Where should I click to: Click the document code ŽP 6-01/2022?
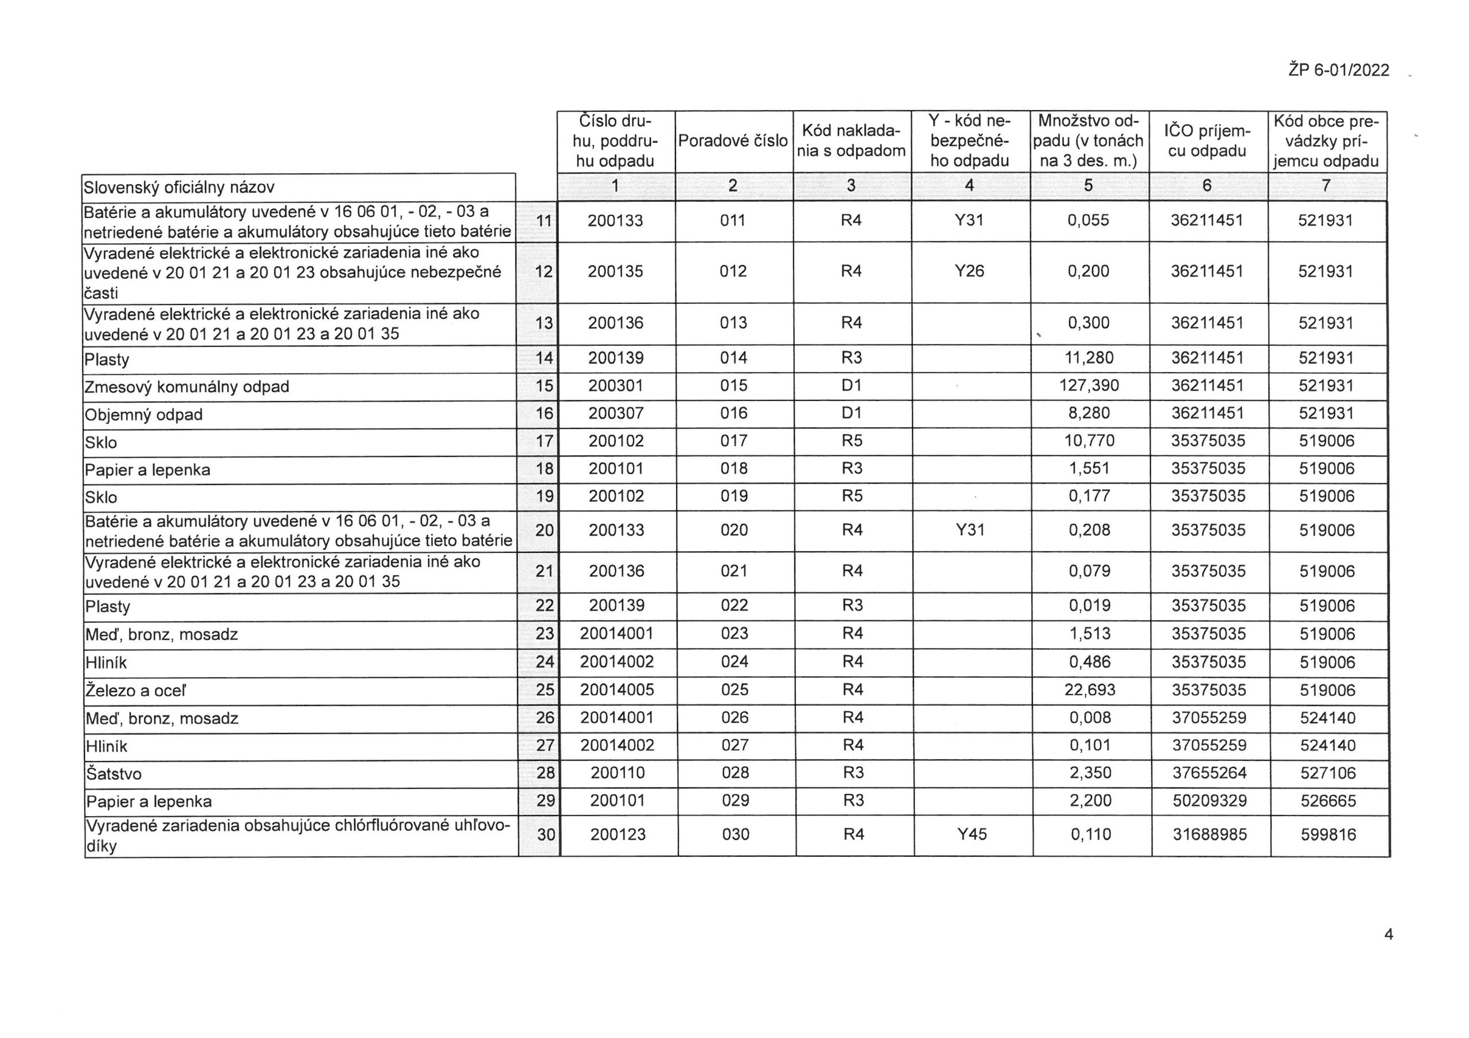pyautogui.click(x=1339, y=71)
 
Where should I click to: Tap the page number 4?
pyautogui.click(x=1389, y=934)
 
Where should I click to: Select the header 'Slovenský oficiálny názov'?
pyautogui.click(x=179, y=188)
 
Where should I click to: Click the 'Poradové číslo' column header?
pyautogui.click(x=733, y=141)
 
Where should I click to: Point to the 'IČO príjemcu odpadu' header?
pyautogui.click(x=1207, y=141)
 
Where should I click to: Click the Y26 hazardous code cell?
pyautogui.click(x=969, y=271)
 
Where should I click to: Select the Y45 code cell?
pyautogui.click(x=972, y=834)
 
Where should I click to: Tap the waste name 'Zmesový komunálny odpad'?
pyautogui.click(x=187, y=387)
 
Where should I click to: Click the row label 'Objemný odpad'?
pyautogui.click(x=144, y=415)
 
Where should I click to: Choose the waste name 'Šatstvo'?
pyautogui.click(x=114, y=774)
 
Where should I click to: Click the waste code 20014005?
pyautogui.click(x=617, y=689)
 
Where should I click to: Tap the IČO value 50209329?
pyautogui.click(x=1209, y=800)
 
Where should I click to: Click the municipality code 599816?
pyautogui.click(x=1328, y=834)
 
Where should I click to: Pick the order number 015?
pyautogui.click(x=733, y=385)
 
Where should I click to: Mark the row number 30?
pyautogui.click(x=545, y=834)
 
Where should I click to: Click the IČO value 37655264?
pyautogui.click(x=1209, y=772)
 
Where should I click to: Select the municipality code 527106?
pyautogui.click(x=1328, y=772)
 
